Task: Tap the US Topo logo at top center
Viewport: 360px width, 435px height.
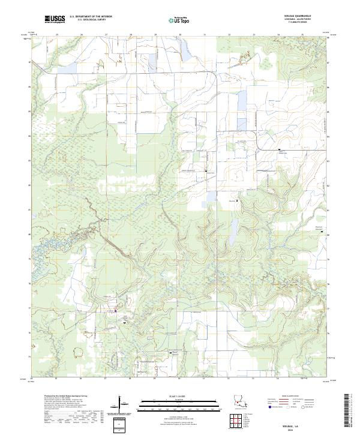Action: pos(175,20)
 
